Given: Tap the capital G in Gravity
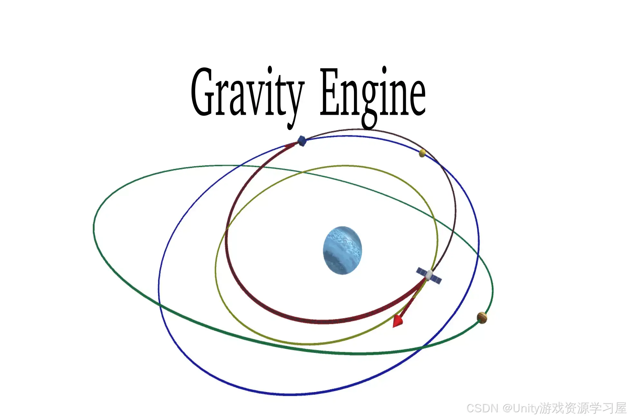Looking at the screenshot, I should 203,93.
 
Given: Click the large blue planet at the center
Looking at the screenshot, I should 342,250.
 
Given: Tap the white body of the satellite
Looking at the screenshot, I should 429,275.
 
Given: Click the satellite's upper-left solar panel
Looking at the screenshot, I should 421,271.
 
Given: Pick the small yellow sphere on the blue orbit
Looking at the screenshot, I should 422,153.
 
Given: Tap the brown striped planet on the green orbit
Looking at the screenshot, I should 482,318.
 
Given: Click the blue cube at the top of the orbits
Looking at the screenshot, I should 302,141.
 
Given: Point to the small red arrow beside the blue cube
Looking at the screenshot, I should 290,145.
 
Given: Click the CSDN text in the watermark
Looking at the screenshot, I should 482,408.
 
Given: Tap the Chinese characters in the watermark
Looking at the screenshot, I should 583,408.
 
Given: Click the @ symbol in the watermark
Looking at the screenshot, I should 507,408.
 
